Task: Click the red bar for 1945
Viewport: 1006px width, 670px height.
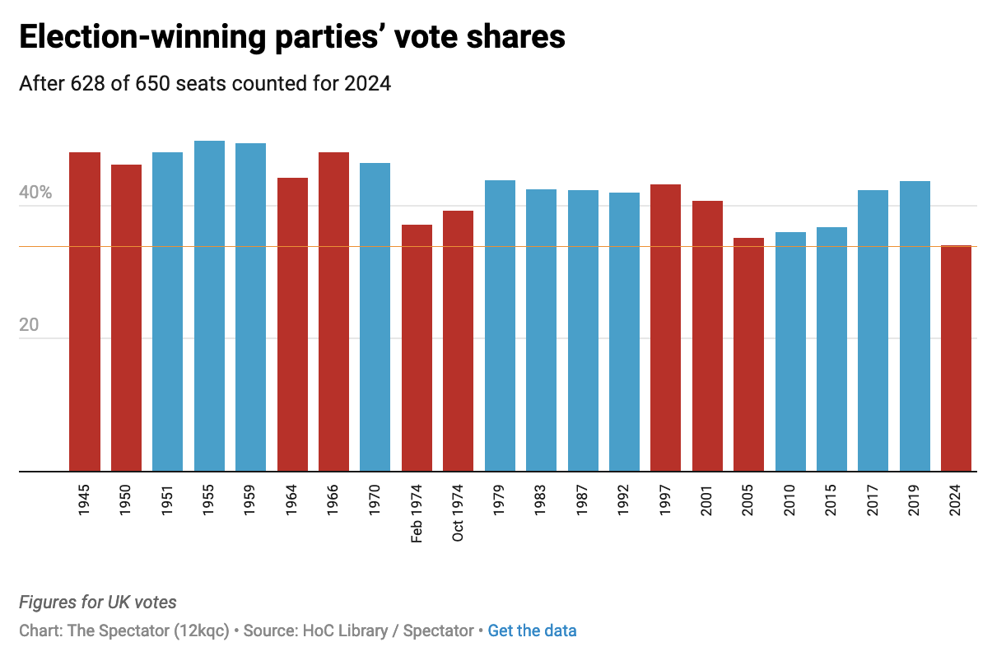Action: [x=85, y=312]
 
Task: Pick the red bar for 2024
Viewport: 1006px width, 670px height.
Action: [x=956, y=359]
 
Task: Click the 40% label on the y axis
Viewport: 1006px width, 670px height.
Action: [x=35, y=193]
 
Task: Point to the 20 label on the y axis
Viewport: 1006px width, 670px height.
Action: [x=29, y=325]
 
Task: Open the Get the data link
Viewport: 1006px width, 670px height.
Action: [x=532, y=631]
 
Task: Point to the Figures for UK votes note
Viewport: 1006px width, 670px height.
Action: [x=97, y=603]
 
